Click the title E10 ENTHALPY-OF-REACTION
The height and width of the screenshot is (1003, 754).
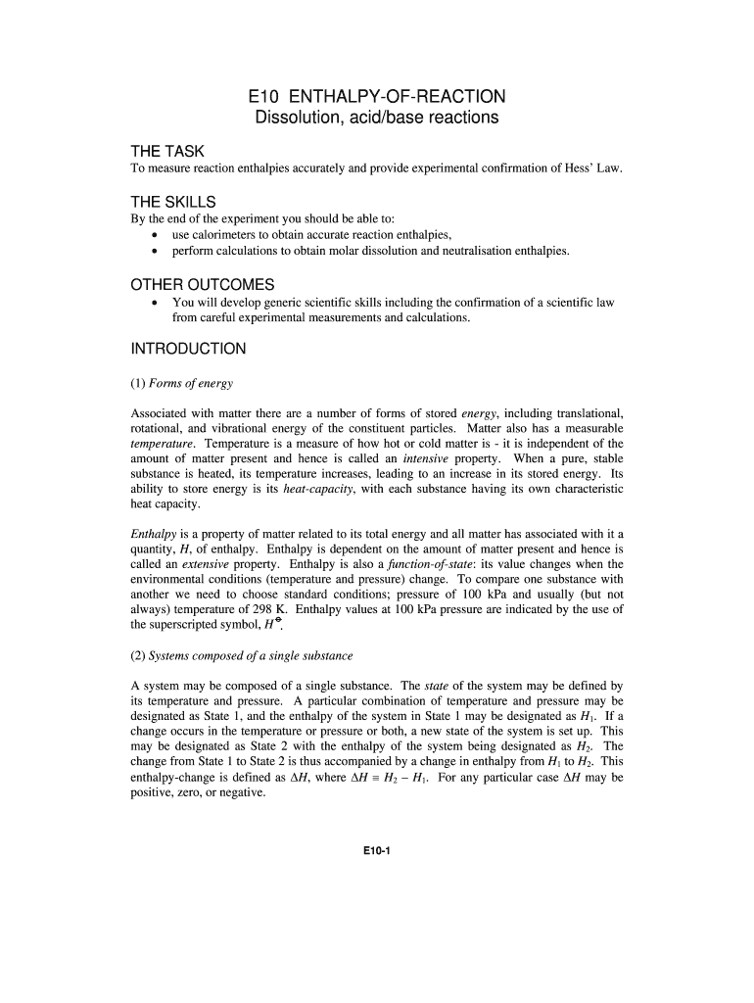[x=377, y=96]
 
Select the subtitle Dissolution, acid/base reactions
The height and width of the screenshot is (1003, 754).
[x=377, y=118]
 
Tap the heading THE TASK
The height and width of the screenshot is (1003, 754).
[x=167, y=152]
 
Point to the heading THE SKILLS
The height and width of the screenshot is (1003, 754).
[x=172, y=202]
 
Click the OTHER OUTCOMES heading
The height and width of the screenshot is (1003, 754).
[x=202, y=285]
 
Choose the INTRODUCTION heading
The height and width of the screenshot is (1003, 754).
[x=188, y=349]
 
